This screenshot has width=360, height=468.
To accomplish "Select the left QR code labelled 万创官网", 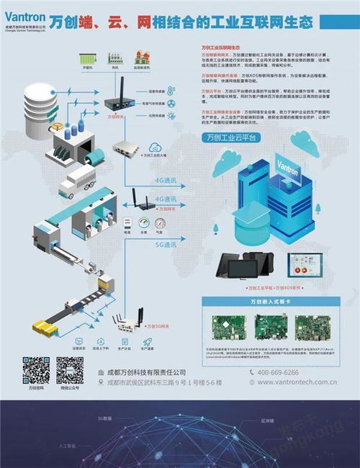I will (35, 370).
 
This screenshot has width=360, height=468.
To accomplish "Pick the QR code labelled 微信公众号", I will (69, 370).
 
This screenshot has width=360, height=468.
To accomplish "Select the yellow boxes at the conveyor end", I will (45, 329).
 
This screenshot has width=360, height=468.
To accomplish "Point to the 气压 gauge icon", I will (167, 222).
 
